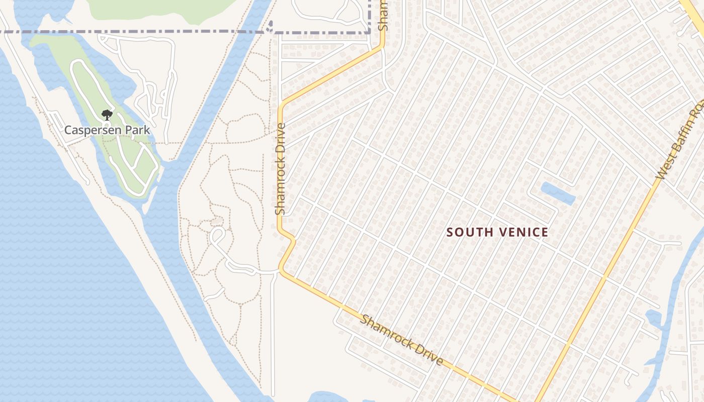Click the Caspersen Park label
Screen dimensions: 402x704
(x=107, y=130)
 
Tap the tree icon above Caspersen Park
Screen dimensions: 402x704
(x=107, y=115)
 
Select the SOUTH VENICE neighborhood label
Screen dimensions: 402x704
(x=497, y=232)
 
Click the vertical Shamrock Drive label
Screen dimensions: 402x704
(x=281, y=169)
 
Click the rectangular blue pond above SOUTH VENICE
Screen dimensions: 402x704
(x=558, y=193)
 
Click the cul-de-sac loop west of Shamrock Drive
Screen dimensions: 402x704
(x=218, y=235)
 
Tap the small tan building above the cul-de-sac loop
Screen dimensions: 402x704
(x=217, y=221)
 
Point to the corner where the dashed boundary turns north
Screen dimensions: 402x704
(x=370, y=32)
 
